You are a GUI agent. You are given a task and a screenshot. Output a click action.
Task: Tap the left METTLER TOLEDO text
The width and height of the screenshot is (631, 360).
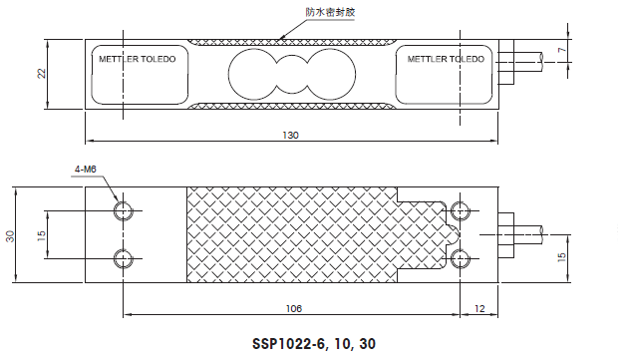tap(136, 59)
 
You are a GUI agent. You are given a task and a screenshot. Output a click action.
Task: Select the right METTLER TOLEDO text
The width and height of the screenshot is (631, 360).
tap(446, 59)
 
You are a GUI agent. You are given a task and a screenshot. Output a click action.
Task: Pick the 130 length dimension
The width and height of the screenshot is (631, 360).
tap(291, 135)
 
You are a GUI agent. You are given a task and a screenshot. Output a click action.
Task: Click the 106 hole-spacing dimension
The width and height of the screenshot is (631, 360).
tap(292, 309)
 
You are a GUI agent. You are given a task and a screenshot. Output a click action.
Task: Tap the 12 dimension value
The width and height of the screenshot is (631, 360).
tap(480, 309)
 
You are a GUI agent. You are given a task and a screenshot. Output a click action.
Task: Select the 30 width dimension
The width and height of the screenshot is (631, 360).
tap(11, 235)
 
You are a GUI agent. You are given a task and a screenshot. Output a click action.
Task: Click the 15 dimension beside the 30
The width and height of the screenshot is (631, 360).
tap(40, 235)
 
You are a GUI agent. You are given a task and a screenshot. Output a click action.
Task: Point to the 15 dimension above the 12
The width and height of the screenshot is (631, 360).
tap(562, 258)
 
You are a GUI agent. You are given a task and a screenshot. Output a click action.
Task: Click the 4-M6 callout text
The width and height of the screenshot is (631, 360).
tap(87, 170)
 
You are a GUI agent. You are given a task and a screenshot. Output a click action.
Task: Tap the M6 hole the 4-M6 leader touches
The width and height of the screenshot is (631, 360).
tap(123, 211)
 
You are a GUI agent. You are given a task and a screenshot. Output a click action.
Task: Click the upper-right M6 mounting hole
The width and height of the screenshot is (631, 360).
tap(461, 210)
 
